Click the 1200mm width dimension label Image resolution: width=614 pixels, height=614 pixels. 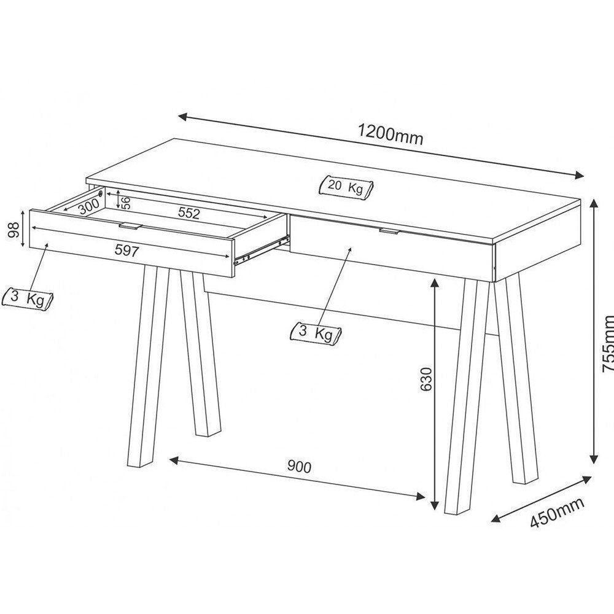(x=391, y=134)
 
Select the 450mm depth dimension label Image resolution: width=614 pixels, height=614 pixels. (x=558, y=513)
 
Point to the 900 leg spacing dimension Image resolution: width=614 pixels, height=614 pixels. (x=299, y=467)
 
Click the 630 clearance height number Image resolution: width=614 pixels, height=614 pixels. (x=426, y=379)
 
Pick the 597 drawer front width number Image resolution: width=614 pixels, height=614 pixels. (x=127, y=251)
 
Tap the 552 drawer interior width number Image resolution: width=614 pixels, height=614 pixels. (x=188, y=213)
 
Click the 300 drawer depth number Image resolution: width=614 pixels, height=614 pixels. (x=88, y=206)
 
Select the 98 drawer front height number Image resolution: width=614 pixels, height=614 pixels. (x=14, y=230)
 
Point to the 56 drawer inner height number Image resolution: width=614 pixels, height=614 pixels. (x=126, y=203)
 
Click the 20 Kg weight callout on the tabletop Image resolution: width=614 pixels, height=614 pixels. (x=346, y=187)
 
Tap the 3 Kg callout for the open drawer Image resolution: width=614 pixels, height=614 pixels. (x=28, y=298)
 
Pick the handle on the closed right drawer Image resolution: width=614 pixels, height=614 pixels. (x=389, y=231)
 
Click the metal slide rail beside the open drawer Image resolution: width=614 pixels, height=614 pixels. (x=262, y=249)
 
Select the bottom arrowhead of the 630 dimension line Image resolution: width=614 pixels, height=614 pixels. (x=434, y=505)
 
